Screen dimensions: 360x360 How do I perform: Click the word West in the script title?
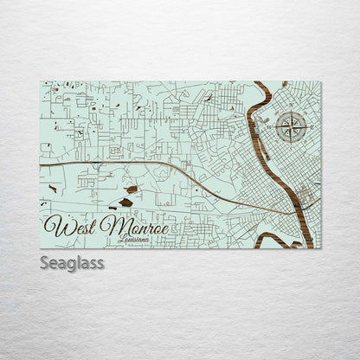71,227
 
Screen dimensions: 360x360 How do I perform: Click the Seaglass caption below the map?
72,262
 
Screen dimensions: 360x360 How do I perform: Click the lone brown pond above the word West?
53,188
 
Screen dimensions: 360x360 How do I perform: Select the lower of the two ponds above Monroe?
126,202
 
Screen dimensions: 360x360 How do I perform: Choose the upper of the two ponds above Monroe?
131,189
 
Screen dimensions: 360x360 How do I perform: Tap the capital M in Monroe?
110,226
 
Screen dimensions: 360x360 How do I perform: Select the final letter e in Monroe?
162,228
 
